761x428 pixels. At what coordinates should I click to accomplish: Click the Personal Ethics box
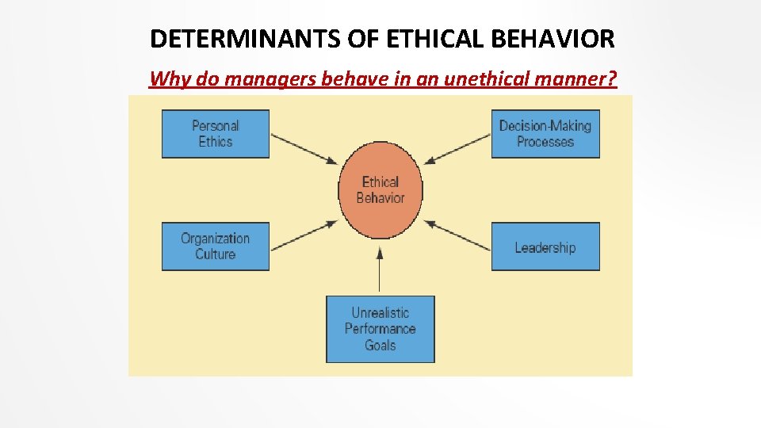(x=215, y=133)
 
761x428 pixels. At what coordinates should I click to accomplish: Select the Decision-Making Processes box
(x=545, y=133)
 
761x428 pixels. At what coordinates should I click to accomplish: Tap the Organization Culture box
(x=215, y=246)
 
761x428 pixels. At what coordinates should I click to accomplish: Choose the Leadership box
(x=545, y=247)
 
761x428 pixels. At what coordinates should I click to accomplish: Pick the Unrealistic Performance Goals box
(x=380, y=329)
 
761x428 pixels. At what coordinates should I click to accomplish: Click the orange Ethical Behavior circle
(x=380, y=190)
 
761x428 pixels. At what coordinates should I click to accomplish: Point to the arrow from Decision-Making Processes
(x=457, y=149)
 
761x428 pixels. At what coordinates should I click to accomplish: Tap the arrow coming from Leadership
(x=457, y=235)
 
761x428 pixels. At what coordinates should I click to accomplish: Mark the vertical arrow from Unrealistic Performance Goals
(x=380, y=270)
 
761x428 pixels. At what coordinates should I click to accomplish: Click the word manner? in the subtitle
(x=579, y=79)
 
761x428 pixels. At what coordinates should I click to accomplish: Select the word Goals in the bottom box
(x=380, y=346)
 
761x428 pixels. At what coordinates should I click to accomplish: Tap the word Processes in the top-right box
(x=545, y=142)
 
